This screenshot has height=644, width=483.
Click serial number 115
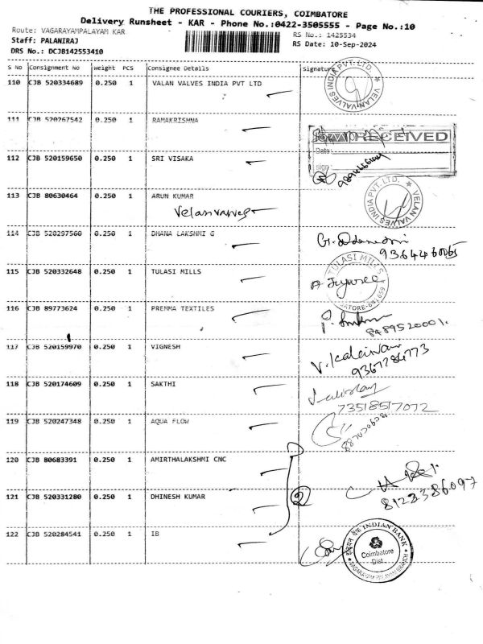pos(12,272)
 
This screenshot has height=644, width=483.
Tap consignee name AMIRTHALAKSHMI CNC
pos(188,460)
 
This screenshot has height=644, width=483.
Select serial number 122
pos(12,535)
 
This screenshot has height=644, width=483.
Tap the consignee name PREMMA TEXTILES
pos(183,308)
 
